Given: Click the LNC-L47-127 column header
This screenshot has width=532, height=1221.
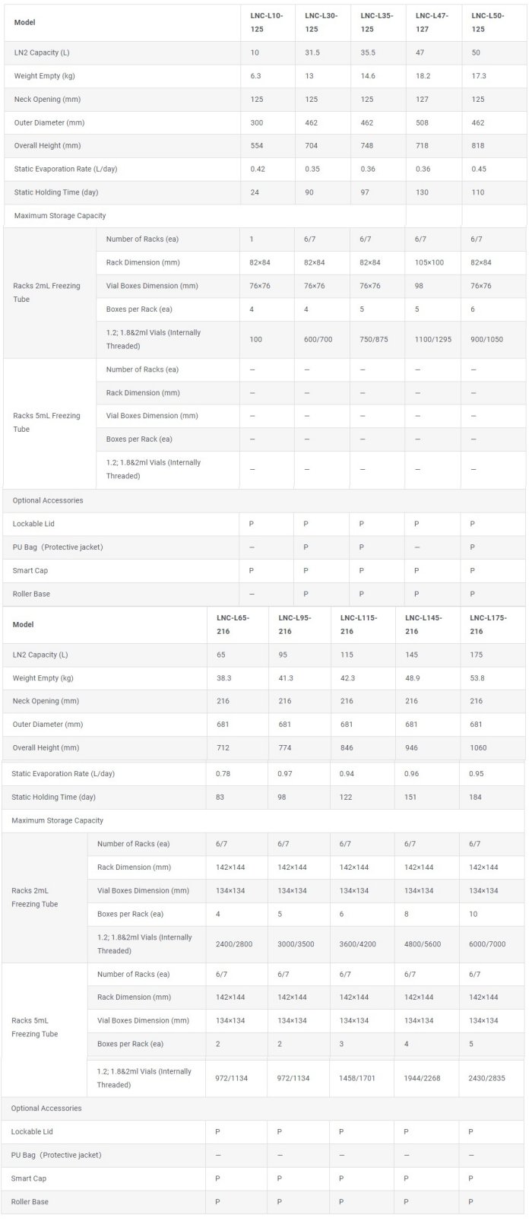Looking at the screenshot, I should click(x=426, y=22).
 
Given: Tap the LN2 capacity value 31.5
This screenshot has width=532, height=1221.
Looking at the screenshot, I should click(x=311, y=52).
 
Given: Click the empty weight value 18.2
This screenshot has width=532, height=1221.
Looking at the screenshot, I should click(x=423, y=76).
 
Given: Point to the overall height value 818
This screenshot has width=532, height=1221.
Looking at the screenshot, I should click(x=478, y=145).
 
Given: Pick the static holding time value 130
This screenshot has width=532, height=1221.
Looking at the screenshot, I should click(x=423, y=192).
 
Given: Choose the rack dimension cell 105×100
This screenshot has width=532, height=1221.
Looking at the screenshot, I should click(x=429, y=262).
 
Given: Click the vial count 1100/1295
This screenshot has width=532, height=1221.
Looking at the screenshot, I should click(x=433, y=339).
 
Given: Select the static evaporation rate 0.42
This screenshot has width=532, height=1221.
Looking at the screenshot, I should click(x=257, y=169).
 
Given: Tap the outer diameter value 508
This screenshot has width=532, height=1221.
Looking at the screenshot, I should click(x=422, y=122).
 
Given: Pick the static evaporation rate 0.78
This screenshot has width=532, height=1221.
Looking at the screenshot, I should click(x=223, y=773).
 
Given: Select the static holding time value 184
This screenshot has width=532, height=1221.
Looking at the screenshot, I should click(x=476, y=797).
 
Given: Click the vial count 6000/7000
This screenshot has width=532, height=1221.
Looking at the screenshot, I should click(x=487, y=943).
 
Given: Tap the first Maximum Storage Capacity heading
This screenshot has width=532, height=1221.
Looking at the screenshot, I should click(x=60, y=216).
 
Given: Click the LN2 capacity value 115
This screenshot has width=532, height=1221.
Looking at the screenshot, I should click(x=347, y=655).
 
